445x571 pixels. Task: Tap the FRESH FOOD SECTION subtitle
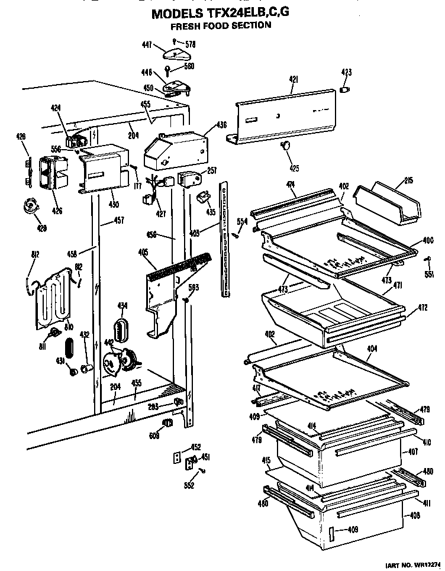[x=221, y=26]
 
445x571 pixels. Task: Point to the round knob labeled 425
[x=286, y=146]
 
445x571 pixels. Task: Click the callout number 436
[x=221, y=125]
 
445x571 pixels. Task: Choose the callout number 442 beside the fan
[x=109, y=343]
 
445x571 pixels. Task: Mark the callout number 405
[x=143, y=251]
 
